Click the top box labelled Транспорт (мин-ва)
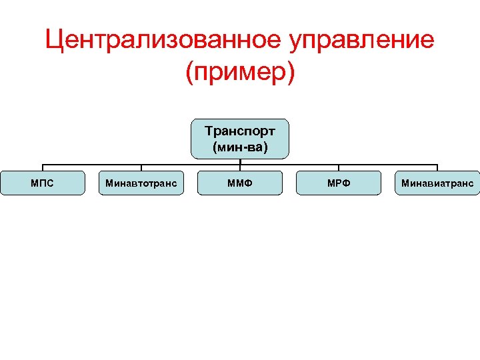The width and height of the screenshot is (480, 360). [x=240, y=139]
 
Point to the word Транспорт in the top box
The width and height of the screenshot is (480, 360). [x=240, y=131]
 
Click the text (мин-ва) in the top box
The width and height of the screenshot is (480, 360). [x=240, y=147]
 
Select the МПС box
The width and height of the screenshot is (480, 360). [x=43, y=183]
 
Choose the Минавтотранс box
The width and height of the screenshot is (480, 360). [x=141, y=183]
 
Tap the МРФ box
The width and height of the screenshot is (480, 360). [x=339, y=183]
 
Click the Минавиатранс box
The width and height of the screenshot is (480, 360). [x=437, y=183]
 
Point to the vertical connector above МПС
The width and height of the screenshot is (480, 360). [x=43, y=168]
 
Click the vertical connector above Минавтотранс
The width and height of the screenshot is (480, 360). [x=141, y=168]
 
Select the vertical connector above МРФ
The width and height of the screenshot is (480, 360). [x=339, y=168]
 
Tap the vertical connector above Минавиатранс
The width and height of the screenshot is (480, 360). [x=437, y=168]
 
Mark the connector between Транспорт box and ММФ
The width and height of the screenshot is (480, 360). [x=240, y=165]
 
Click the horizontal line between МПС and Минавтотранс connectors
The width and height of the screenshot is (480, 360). [x=92, y=165]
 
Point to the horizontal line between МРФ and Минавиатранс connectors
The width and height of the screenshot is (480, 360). [x=388, y=165]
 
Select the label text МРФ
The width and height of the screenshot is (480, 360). [x=339, y=183]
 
